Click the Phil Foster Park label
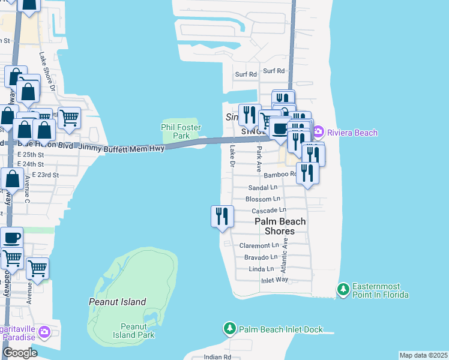point(181,131)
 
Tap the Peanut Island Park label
point(137,331)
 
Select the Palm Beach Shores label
point(280,226)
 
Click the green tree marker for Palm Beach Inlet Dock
point(229,329)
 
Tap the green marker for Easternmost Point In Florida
point(343,290)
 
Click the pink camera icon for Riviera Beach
point(318,132)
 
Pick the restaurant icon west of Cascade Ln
point(222,216)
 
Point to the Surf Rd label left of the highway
point(246,74)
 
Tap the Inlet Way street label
point(274,280)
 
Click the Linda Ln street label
point(262,269)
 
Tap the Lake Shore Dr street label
point(47,71)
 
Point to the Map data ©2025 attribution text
point(423,355)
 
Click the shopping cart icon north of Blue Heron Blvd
point(70,118)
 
